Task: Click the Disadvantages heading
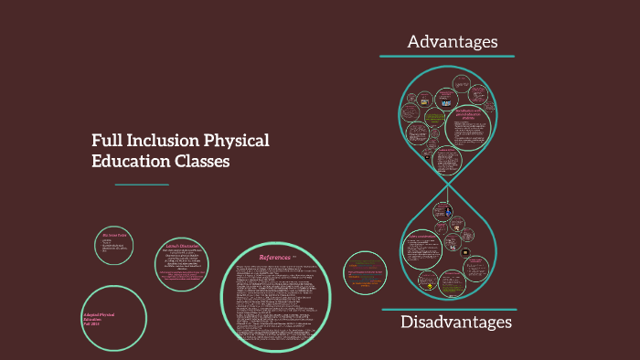click(x=455, y=323)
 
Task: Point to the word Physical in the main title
click(x=237, y=143)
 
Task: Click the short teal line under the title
click(x=142, y=185)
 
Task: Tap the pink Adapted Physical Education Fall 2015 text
click(x=101, y=318)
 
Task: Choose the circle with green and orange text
click(x=368, y=273)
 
